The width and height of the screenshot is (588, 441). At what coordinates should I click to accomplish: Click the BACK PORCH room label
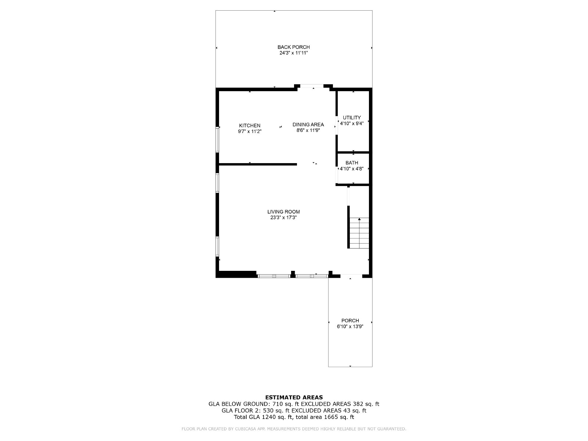[x=294, y=47]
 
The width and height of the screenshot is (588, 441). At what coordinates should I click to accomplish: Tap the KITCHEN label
[x=250, y=126]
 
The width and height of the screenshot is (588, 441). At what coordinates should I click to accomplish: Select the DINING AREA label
[x=308, y=125]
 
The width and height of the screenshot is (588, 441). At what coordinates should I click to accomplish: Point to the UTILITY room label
[x=352, y=118]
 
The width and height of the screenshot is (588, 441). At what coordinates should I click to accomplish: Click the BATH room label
[x=352, y=163]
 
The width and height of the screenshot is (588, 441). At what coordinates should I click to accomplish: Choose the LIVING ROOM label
[x=283, y=212]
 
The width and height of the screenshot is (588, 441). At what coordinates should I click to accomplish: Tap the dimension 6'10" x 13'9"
[x=350, y=326]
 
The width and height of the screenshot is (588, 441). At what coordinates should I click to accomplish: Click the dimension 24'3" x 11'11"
[x=294, y=53]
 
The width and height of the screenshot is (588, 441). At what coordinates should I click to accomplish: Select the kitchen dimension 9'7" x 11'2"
[x=250, y=132]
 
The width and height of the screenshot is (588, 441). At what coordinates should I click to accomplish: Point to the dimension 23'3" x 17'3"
[x=283, y=218]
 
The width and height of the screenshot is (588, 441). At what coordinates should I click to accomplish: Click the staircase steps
[x=359, y=233]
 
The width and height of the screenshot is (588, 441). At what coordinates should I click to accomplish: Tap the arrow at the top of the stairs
[x=359, y=219]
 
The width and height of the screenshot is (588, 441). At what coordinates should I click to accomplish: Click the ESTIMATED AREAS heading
[x=294, y=398]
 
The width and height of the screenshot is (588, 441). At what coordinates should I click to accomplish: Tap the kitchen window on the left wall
[x=217, y=140]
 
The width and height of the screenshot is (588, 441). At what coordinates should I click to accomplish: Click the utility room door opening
[x=337, y=125]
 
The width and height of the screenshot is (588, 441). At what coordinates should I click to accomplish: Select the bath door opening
[x=337, y=175]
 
